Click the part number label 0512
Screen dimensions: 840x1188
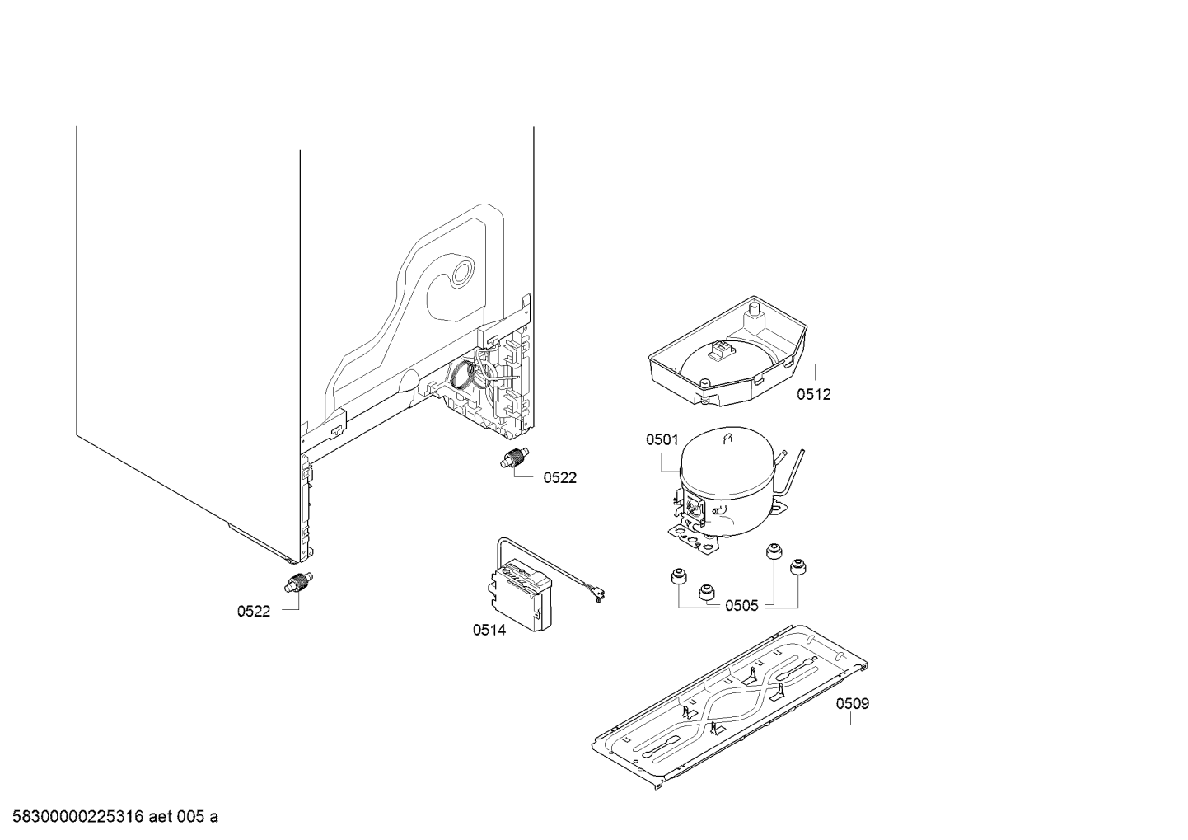[x=813, y=395]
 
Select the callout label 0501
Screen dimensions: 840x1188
[x=662, y=441]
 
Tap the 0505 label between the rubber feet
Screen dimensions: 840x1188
[x=741, y=607]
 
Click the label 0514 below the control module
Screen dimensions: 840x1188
[x=489, y=631]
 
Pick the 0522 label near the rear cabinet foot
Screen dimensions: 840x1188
[x=559, y=477]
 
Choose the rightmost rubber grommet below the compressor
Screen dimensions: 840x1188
[x=797, y=568]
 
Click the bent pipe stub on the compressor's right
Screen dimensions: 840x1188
[x=793, y=472]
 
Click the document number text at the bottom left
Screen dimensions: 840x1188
[x=110, y=817]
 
